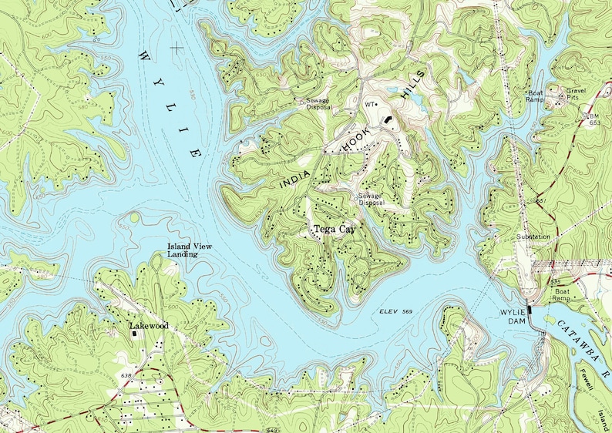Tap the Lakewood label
[x=148, y=326]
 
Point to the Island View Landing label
[x=190, y=250]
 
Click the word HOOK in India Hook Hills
[x=355, y=139]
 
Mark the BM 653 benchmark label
[x=594, y=119]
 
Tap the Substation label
[x=534, y=237]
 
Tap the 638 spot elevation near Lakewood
[x=127, y=374]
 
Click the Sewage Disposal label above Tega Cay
[x=370, y=200]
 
